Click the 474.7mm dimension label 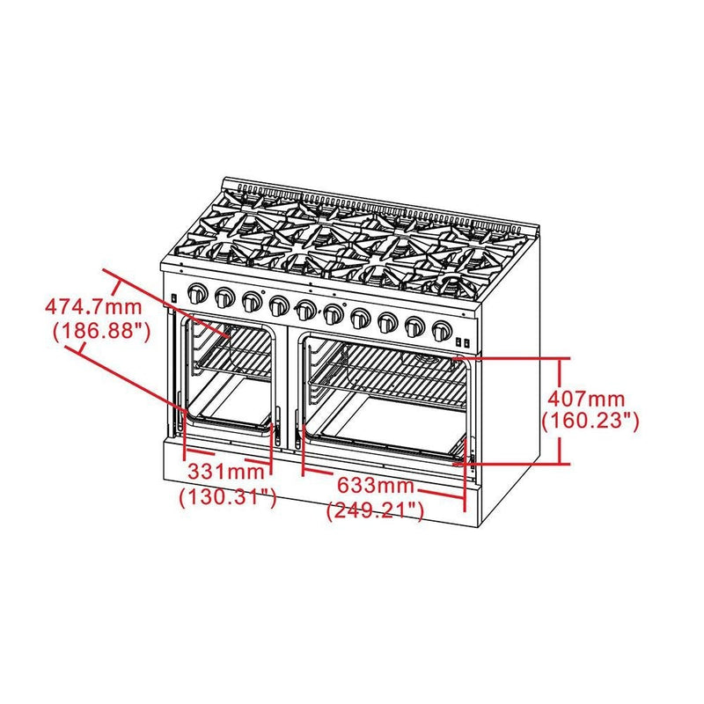click(93, 308)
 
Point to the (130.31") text click(228, 497)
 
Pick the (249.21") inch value click(376, 510)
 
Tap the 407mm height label click(588, 396)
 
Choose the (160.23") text click(589, 421)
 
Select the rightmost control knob click(443, 332)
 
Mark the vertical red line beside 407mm click(562, 410)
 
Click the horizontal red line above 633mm click(383, 470)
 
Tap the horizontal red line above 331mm click(227, 459)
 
